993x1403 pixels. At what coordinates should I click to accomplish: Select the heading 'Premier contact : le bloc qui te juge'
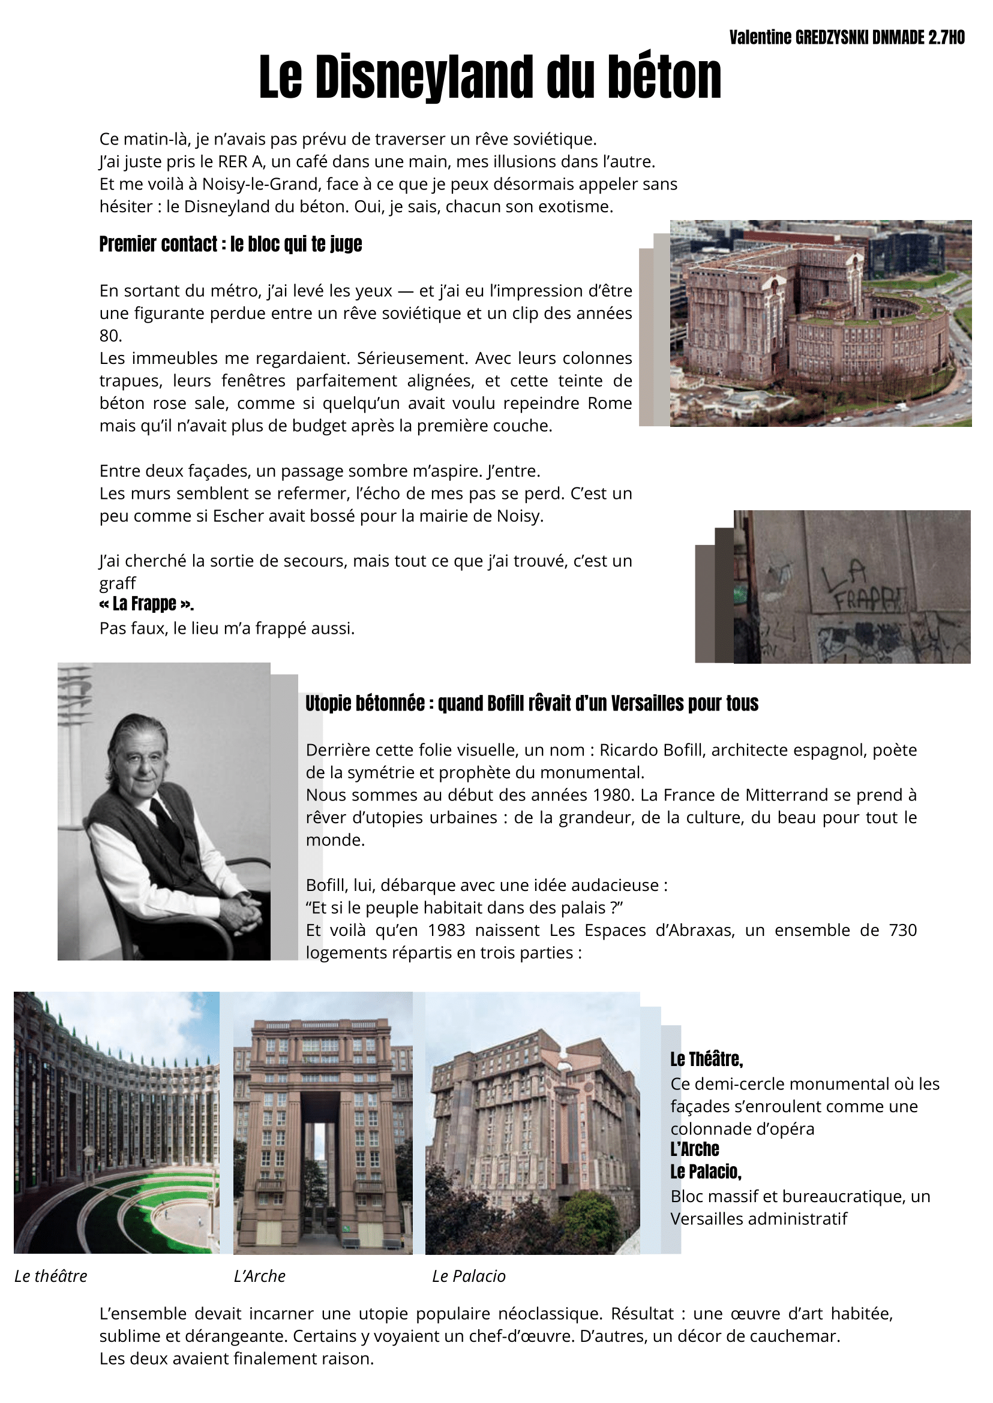coord(230,245)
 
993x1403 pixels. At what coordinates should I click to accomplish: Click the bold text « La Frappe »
coord(146,604)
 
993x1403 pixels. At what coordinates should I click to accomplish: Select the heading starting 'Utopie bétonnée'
coord(532,704)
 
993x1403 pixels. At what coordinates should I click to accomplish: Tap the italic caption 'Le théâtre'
coord(51,1276)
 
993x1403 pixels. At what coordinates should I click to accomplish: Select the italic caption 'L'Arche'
coord(259,1276)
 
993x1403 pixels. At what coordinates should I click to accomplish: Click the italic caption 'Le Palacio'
coord(469,1276)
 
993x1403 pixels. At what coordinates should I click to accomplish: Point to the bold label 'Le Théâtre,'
coord(706,1059)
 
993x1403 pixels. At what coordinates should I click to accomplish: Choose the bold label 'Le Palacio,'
coord(706,1172)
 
